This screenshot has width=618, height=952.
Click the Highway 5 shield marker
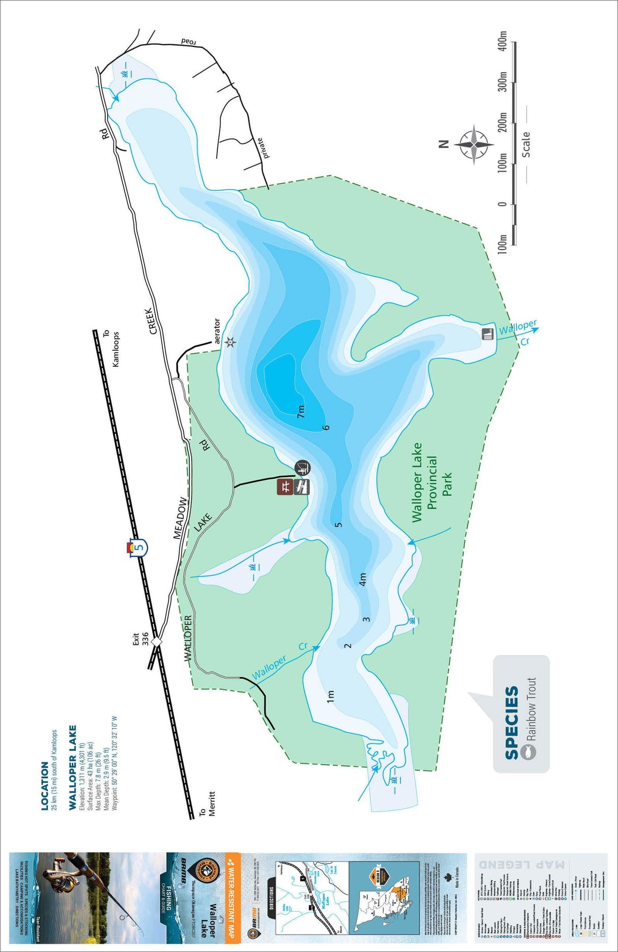coord(138,547)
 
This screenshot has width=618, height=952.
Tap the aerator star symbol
coord(230,342)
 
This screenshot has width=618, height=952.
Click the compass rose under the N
coord(474,144)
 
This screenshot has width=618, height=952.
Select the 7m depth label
coord(301,412)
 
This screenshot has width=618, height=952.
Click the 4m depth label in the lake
coord(362,580)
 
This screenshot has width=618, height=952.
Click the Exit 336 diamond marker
coord(156,642)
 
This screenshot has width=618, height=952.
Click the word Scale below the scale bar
coord(525,145)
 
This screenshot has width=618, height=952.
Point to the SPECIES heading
coord(512,723)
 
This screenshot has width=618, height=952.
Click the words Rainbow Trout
coord(531,709)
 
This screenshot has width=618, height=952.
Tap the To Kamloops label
coord(111,349)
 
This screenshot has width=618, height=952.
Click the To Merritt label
coord(207,804)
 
